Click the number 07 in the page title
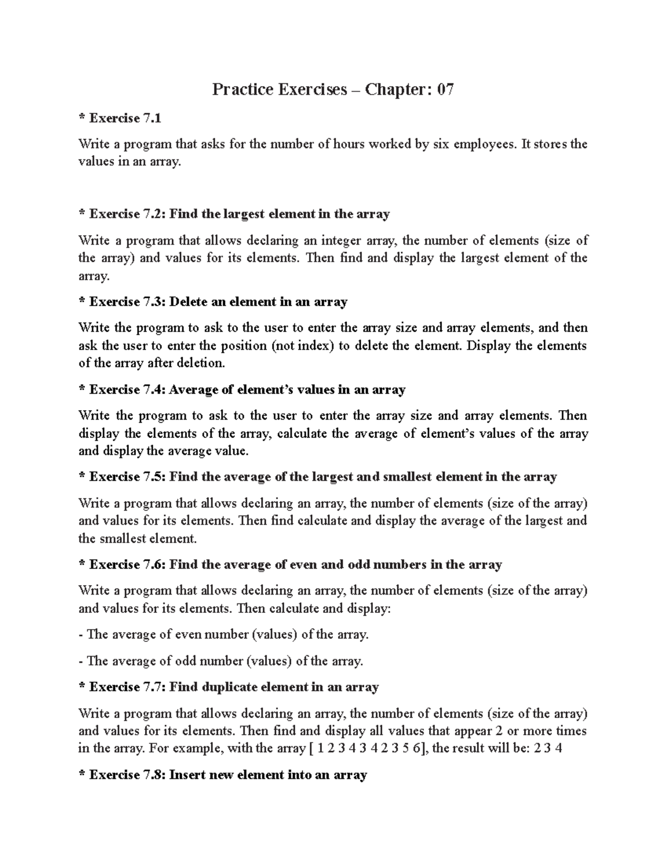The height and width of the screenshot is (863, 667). pos(445,89)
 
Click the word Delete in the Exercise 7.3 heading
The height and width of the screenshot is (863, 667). pos(187,302)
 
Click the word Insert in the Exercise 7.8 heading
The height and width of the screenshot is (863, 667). pos(187,775)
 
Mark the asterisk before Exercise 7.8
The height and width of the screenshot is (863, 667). pos(82,774)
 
